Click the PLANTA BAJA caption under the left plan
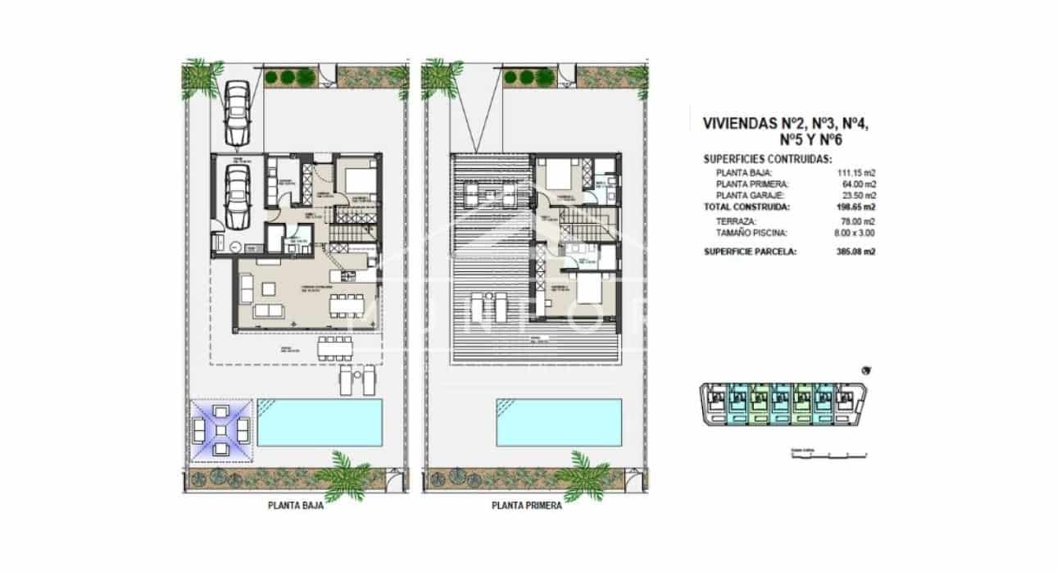point(296,506)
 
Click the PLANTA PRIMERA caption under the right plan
point(526,506)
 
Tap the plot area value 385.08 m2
point(854,252)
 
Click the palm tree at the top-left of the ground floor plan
point(201,75)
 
